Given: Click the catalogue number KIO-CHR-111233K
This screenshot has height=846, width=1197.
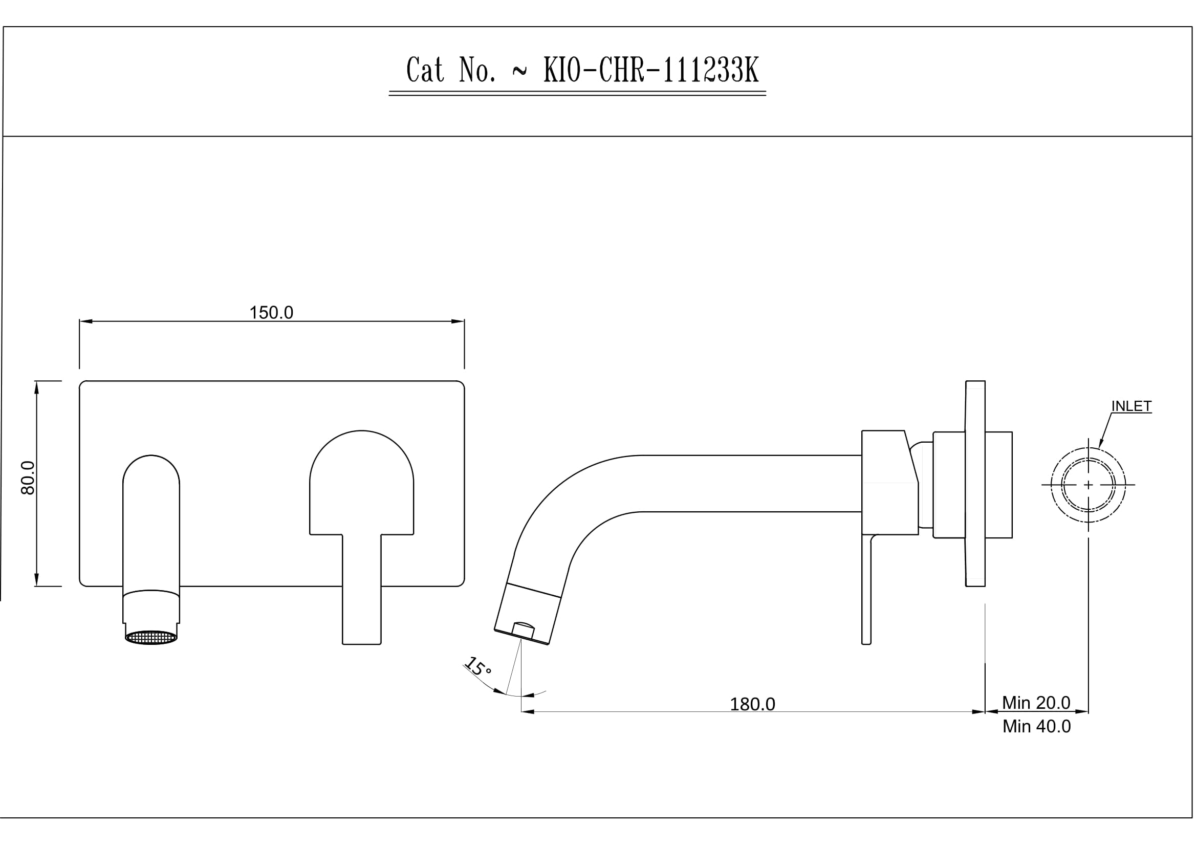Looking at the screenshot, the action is (x=651, y=70).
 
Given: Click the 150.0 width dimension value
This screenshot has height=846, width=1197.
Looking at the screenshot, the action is (x=271, y=313).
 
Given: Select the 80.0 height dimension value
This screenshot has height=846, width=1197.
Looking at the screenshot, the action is (x=28, y=478).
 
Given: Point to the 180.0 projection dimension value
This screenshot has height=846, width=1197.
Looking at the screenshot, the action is (x=752, y=704).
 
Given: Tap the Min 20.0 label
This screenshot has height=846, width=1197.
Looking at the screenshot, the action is (x=1036, y=703).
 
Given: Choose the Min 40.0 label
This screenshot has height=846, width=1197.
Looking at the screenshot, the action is (x=1036, y=726).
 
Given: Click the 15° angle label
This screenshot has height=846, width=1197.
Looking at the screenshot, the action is (x=478, y=667).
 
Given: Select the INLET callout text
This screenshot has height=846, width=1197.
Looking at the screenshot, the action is (x=1131, y=406).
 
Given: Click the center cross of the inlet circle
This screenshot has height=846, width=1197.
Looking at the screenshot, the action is (x=1088, y=485).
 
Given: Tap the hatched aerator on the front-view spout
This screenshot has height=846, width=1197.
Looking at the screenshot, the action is (x=151, y=638).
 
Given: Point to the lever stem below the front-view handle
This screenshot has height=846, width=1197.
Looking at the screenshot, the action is (x=361, y=590).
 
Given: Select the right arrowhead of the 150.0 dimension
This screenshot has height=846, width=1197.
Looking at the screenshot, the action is (x=458, y=321).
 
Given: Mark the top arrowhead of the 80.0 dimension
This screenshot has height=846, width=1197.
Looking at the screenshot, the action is (x=36, y=388).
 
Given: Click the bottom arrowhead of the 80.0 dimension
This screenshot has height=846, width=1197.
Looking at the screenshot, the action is (x=36, y=580).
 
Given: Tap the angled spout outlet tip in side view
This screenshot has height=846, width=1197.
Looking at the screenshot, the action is (x=521, y=637).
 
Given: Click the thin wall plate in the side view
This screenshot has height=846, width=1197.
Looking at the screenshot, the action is (x=975, y=483).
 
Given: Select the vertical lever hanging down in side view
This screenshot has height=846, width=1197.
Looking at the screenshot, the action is (x=866, y=590).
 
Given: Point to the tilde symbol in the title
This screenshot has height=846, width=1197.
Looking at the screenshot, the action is (x=519, y=72).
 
